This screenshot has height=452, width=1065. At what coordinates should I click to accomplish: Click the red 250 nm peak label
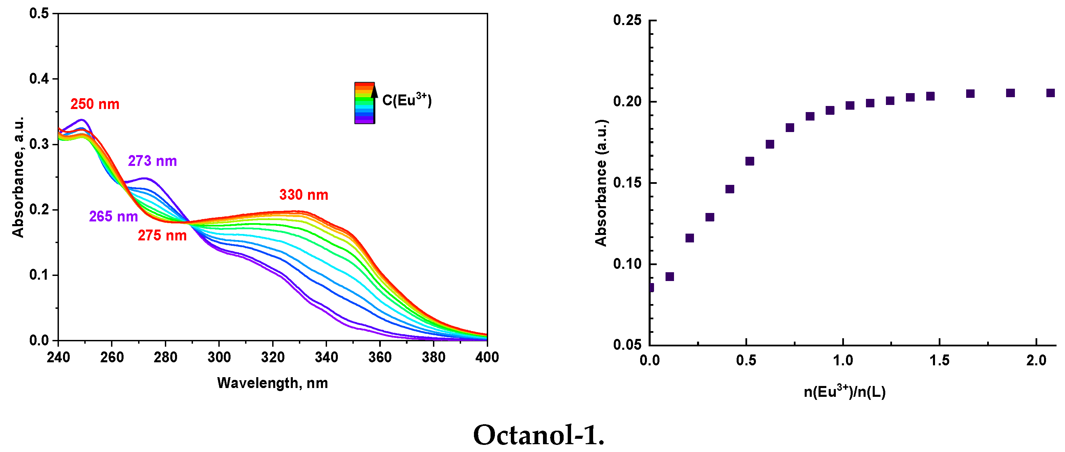coord(95,104)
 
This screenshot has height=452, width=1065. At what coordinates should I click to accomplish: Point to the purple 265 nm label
coord(113,216)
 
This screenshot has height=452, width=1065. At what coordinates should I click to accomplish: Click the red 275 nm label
coord(162,235)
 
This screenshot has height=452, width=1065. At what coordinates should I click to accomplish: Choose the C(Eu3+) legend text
coord(407,100)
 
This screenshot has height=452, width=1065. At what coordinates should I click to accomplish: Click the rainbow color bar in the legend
coord(364,103)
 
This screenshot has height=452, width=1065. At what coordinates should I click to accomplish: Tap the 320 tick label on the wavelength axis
coord(273,357)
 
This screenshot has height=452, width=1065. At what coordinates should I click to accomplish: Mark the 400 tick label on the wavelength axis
coord(486,357)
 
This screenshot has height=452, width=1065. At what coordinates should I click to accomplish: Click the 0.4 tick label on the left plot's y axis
coord(39,79)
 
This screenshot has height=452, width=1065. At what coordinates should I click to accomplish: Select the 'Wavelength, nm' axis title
coord(272,383)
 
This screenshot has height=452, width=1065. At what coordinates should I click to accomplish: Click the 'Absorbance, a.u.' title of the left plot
coord(18,177)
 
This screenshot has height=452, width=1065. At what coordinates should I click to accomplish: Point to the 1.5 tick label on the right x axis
coord(939,360)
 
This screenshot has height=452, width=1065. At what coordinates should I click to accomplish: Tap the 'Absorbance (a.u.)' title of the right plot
coord(601,183)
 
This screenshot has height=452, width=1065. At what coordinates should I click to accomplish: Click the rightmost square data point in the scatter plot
coord(1050,93)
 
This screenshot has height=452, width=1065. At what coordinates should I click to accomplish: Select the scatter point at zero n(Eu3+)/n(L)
coord(650,287)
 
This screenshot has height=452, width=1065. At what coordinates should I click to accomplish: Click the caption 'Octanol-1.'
coord(538,435)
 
